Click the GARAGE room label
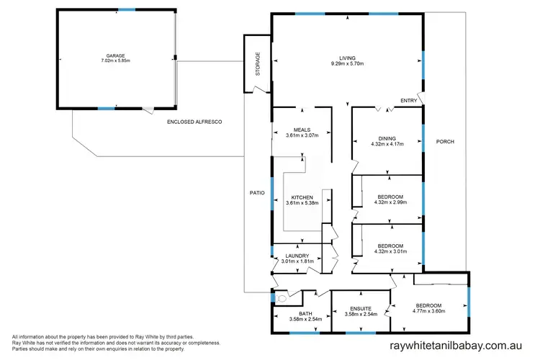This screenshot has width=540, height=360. [x=115, y=55]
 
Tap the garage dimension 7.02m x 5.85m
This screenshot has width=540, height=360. [x=115, y=61]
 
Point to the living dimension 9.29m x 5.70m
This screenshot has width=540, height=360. [x=348, y=64]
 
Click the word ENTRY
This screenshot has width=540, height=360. [x=408, y=102]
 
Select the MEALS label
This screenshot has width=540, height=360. [x=301, y=130]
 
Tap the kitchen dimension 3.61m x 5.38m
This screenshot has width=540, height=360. [x=301, y=203]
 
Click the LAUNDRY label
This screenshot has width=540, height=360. [x=297, y=256]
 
